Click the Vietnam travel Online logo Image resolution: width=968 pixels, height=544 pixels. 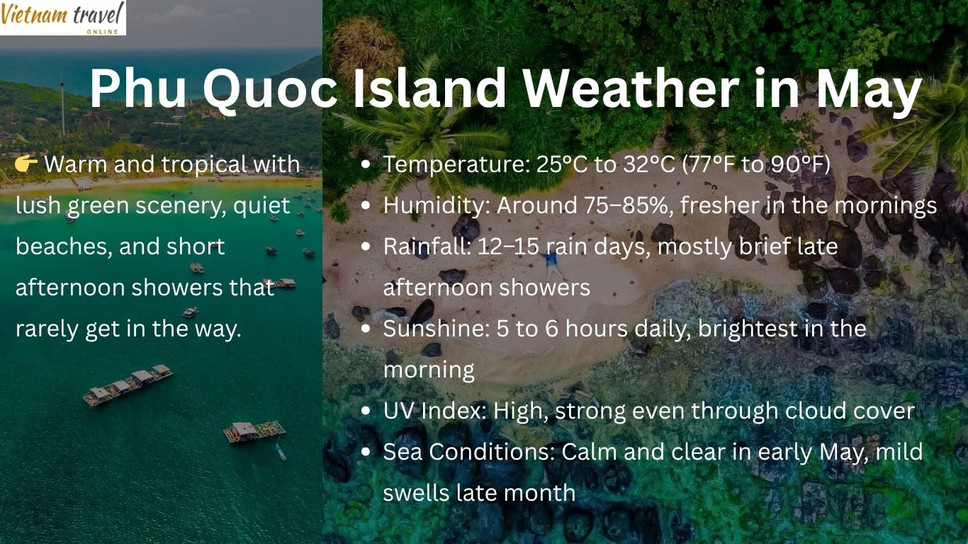tap(62, 17)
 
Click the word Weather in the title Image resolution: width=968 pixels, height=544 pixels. tap(631, 90)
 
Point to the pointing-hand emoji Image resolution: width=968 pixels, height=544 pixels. tap(26, 165)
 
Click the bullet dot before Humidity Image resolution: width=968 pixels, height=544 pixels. tap(366, 206)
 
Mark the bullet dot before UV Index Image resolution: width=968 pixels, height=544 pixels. tap(366, 411)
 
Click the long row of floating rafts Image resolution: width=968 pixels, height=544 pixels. tap(128, 385)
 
